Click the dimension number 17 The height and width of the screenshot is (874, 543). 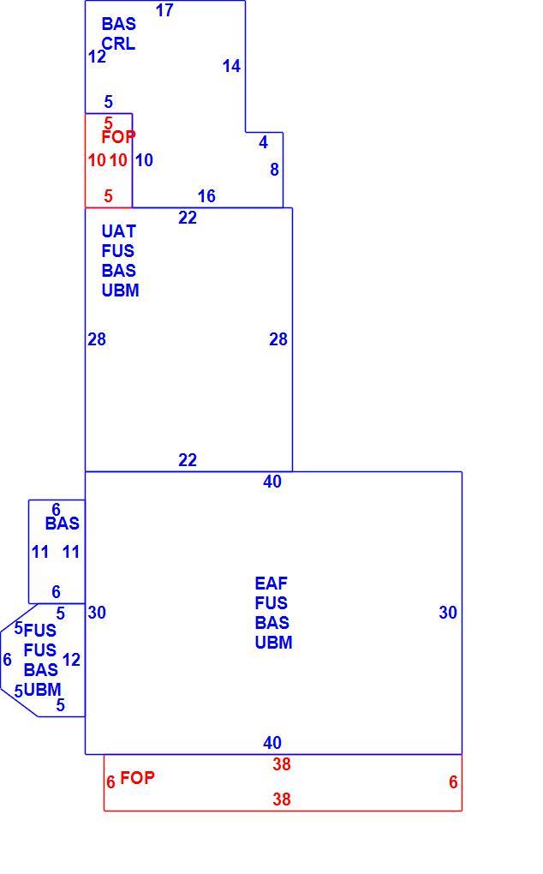pyautogui.click(x=164, y=10)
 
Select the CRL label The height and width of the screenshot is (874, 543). pyautogui.click(x=118, y=44)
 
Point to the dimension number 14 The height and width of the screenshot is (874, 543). pyautogui.click(x=231, y=66)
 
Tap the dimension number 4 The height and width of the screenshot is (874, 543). pyautogui.click(x=264, y=142)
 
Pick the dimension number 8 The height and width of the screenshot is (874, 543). pyautogui.click(x=274, y=170)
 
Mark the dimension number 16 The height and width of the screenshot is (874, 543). pyautogui.click(x=206, y=195)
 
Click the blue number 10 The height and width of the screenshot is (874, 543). pyautogui.click(x=144, y=160)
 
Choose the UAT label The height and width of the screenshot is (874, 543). pyautogui.click(x=119, y=230)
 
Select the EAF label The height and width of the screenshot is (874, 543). pyautogui.click(x=271, y=583)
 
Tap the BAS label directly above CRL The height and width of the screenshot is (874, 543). pyautogui.click(x=119, y=23)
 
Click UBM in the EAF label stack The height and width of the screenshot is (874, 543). pyautogui.click(x=273, y=642)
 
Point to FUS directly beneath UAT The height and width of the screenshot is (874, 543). pyautogui.click(x=117, y=251)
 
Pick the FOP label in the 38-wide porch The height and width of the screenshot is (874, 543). pyautogui.click(x=137, y=777)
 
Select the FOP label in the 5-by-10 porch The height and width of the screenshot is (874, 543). pyautogui.click(x=119, y=136)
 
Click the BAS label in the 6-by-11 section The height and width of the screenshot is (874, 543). pyautogui.click(x=63, y=524)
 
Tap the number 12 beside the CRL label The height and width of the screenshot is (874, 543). pyautogui.click(x=96, y=57)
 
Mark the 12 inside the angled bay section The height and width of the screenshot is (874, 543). pyautogui.click(x=71, y=660)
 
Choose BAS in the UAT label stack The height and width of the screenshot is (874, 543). pyautogui.click(x=119, y=270)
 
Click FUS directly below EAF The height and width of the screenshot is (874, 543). pyautogui.click(x=271, y=602)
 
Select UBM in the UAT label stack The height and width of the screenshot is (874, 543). pyautogui.click(x=120, y=290)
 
